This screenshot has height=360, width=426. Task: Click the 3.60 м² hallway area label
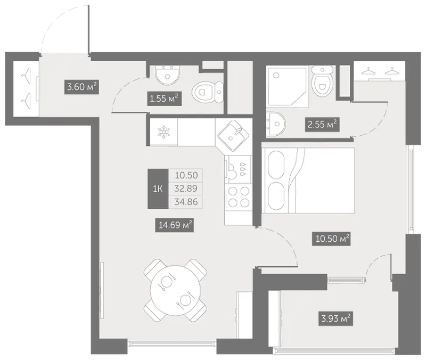[82, 87]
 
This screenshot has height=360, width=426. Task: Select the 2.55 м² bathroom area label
[322, 125]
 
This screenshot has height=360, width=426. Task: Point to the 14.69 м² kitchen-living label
[175, 225]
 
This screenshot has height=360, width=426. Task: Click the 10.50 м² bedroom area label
[331, 239]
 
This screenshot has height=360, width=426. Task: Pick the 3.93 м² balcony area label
[335, 318]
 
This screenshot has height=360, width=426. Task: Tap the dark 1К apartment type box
[158, 189]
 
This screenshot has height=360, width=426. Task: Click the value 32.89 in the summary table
[186, 189]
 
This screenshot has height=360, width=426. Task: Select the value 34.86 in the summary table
[186, 202]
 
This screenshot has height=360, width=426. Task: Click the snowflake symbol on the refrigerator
[164, 132]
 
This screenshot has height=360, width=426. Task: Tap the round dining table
[175, 290]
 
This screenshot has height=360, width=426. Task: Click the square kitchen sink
[232, 136]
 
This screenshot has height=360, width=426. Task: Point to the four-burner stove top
[239, 197]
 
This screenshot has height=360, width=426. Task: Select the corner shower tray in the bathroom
[288, 85]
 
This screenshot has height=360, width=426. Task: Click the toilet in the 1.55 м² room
[208, 92]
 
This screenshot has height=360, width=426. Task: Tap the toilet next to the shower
[323, 81]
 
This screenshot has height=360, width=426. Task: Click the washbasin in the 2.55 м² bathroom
[276, 124]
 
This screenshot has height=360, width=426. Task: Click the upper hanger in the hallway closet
[26, 76]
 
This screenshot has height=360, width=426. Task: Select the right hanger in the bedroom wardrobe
[392, 71]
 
